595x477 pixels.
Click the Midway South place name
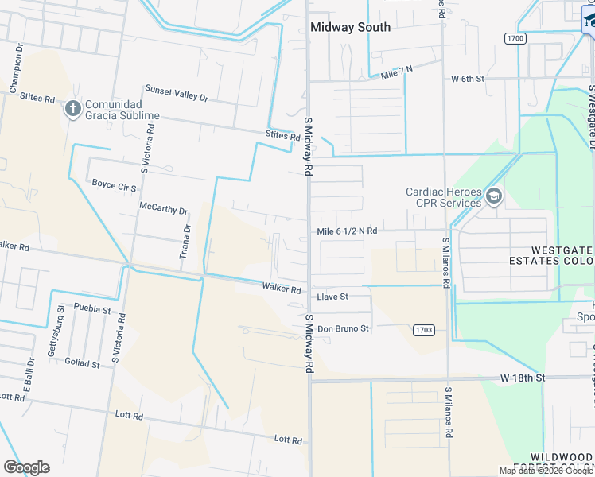pos(350,27)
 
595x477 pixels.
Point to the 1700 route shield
pos(515,37)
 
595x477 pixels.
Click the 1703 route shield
pos(423,328)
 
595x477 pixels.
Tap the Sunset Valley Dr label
pos(176,93)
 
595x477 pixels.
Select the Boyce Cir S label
pos(115,184)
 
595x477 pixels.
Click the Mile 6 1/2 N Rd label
pos(347,231)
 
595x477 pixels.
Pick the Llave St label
pos(332,297)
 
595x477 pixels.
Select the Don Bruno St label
pos(343,328)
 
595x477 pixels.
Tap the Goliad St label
pos(82,364)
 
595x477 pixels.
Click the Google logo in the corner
pos(26,467)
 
